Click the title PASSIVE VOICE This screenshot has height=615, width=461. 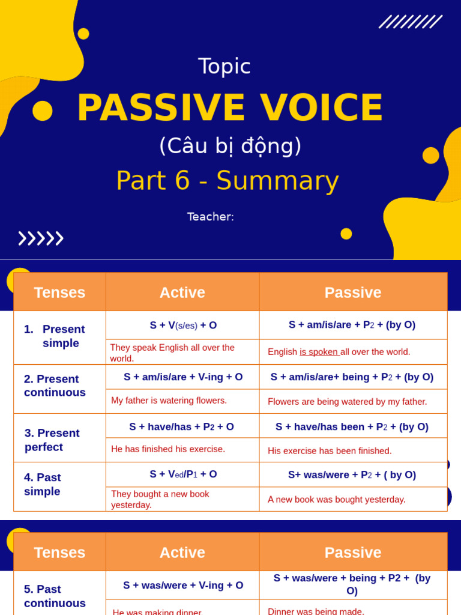(x=230, y=108)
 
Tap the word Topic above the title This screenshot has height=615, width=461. (x=224, y=66)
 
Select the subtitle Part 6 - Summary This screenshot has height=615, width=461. (x=227, y=181)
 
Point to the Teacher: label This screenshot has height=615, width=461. (x=211, y=217)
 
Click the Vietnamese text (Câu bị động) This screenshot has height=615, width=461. (x=230, y=146)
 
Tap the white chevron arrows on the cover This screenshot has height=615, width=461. (x=41, y=238)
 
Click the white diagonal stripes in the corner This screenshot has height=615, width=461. (x=411, y=22)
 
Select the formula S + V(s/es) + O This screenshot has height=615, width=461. (x=183, y=325)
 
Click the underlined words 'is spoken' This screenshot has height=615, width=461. (x=319, y=352)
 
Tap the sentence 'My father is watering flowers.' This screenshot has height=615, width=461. (x=169, y=401)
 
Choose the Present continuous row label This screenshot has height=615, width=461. (x=55, y=386)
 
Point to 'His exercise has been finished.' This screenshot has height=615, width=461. (x=330, y=450)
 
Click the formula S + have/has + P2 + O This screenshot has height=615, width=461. (x=181, y=427)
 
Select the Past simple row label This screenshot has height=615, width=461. (x=43, y=484)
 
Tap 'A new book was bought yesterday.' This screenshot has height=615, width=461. (x=336, y=499)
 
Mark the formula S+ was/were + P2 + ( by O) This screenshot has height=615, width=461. (x=352, y=474)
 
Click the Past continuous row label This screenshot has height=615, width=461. (x=55, y=596)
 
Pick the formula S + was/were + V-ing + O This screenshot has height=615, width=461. (x=183, y=585)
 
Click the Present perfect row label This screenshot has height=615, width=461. (x=52, y=440)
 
